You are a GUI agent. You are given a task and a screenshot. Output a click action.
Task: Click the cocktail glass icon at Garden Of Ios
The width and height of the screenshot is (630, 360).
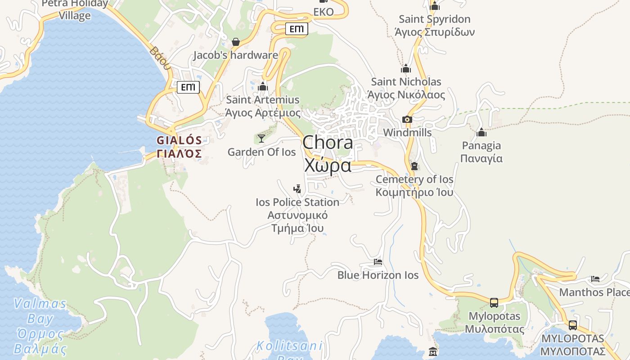tap(261, 138)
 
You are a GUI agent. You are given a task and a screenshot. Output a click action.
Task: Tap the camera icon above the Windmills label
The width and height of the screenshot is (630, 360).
tap(407, 119)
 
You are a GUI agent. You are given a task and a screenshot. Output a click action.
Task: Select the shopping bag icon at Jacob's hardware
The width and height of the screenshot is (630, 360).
tap(235, 42)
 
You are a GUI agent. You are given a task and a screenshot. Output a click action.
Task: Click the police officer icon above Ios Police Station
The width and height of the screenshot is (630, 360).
tap(297, 189)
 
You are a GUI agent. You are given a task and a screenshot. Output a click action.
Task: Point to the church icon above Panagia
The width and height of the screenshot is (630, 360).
tap(481, 132)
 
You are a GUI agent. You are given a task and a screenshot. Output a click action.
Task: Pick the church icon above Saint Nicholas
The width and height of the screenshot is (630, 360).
tap(406, 68)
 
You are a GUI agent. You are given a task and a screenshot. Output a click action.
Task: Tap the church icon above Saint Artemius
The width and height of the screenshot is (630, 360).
tap(263, 86)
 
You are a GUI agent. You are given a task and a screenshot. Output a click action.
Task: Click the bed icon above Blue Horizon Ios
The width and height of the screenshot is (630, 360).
tap(378, 261)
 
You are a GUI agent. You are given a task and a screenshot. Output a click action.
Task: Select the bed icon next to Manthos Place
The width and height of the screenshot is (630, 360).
tap(595, 279)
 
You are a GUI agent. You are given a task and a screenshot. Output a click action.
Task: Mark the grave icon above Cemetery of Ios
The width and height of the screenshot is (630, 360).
tap(414, 166)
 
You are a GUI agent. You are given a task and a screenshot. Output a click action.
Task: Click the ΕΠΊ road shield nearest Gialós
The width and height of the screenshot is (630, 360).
tap(188, 87)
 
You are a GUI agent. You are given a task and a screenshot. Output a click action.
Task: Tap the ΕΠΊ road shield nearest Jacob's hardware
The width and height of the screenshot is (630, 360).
tap(297, 29)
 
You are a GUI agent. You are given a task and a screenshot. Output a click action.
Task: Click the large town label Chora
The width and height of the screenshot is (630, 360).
tap(328, 143)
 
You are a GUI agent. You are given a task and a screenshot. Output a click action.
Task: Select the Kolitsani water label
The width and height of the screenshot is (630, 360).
tap(289, 346)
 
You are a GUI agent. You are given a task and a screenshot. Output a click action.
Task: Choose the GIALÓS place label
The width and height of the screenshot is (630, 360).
tap(179, 140)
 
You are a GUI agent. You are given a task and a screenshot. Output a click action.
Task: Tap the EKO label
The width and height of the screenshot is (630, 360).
tap(324, 12)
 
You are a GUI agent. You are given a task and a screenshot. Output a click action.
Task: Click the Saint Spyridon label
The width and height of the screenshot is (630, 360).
tap(434, 19)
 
